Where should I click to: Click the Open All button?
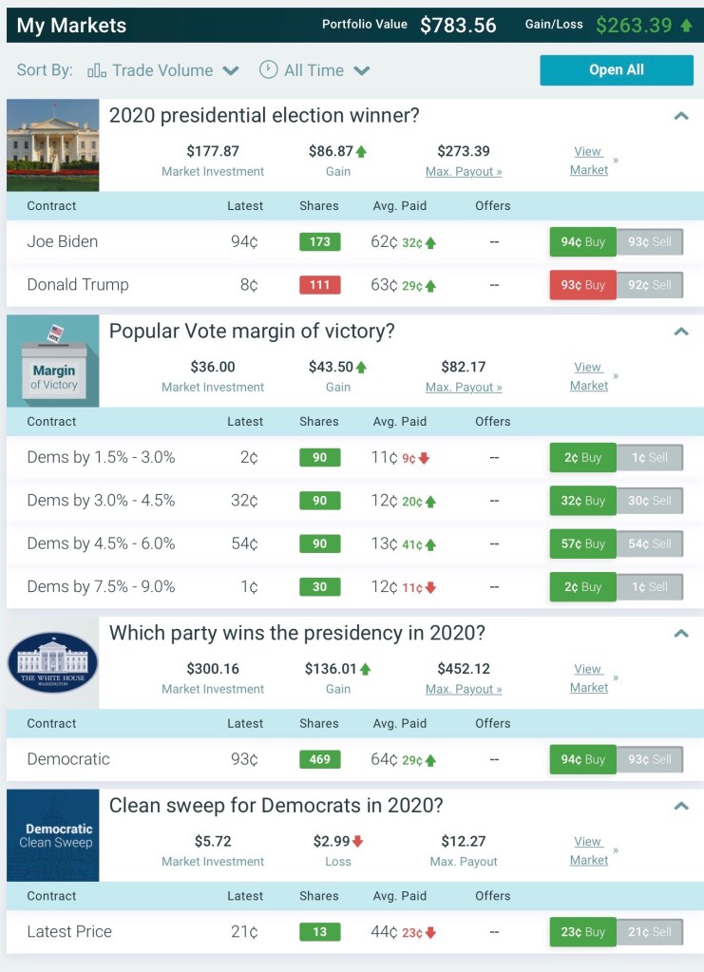pos(617,70)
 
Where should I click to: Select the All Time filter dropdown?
pos(314,70)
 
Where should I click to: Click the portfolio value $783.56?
pos(458,25)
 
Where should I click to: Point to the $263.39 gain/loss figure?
pos(634,25)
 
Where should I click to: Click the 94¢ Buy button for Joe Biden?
pos(582,241)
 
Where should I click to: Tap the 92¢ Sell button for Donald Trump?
pos(650,285)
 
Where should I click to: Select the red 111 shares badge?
pos(319,285)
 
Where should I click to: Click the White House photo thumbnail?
pos(53,144)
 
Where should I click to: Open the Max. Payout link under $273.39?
pos(464,172)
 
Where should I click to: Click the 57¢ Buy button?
pos(582,543)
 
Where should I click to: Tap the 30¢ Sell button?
pos(650,501)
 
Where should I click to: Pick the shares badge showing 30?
pos(319,587)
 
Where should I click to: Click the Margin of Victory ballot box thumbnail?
pos(53,361)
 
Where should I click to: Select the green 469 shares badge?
pos(319,760)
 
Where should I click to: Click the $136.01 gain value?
pos(332,669)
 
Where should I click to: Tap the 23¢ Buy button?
pos(582,932)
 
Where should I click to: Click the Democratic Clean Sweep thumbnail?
pos(53,835)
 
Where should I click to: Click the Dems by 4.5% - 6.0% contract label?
pos(101,543)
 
